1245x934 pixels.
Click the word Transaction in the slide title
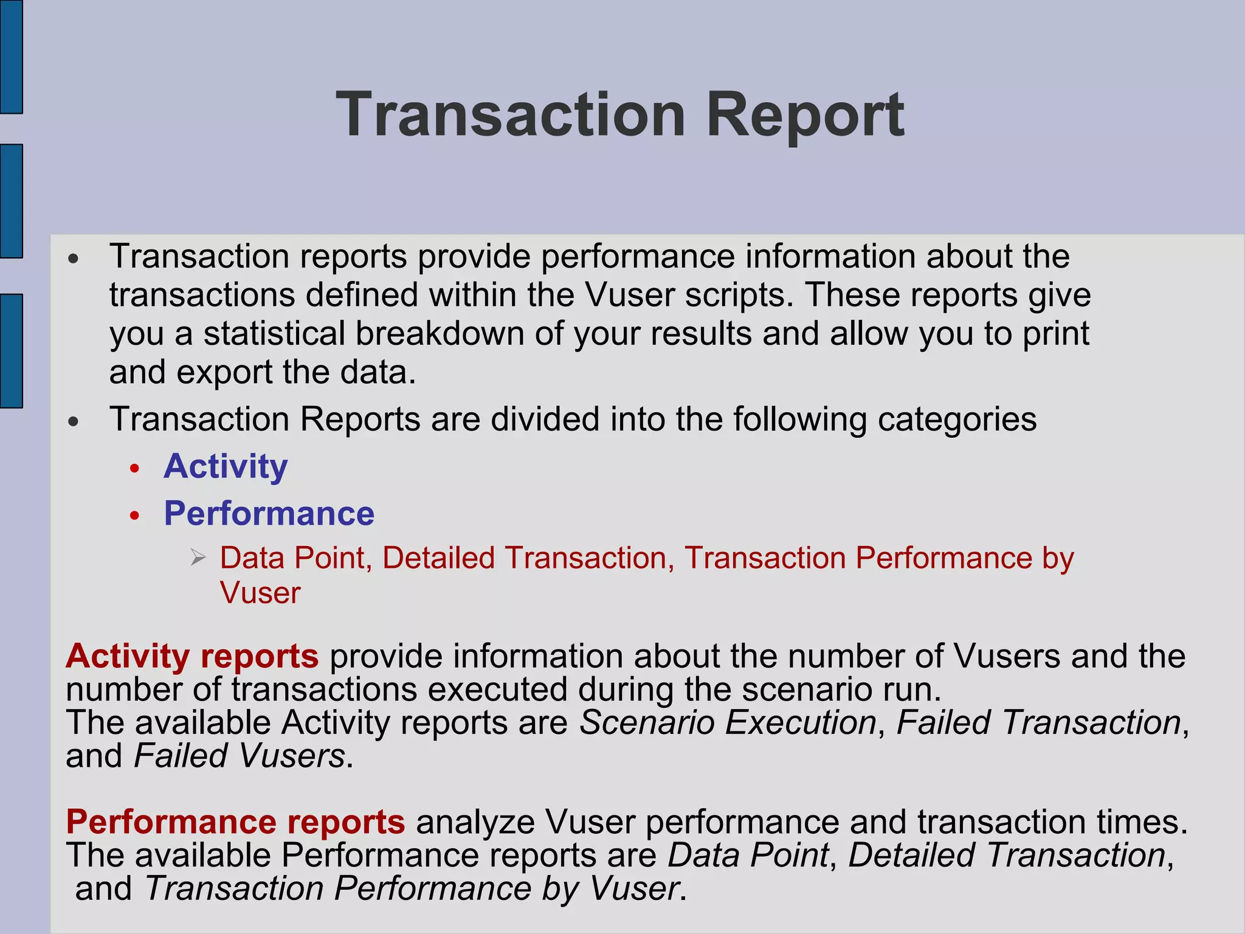(511, 115)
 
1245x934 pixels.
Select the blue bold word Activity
(226, 467)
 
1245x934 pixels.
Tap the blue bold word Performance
(269, 514)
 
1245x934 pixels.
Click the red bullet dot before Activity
(135, 469)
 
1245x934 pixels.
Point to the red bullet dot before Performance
(135, 516)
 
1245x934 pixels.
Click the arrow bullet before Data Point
(198, 557)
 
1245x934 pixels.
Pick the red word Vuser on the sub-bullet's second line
(260, 593)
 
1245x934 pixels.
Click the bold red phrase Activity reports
(192, 656)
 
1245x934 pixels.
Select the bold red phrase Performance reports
(235, 822)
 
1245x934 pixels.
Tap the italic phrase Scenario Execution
(728, 723)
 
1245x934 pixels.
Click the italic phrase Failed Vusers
(240, 756)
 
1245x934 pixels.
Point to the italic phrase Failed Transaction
(1038, 723)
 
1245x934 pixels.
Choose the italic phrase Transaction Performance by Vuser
(412, 888)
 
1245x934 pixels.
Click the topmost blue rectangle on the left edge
(11, 57)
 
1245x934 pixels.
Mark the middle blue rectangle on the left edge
(11, 201)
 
